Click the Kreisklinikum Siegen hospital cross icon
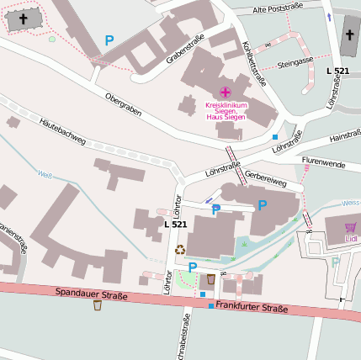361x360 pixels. [225, 92]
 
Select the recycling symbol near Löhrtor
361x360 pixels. [179, 249]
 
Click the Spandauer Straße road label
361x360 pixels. [91, 294]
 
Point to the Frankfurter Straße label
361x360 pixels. [252, 308]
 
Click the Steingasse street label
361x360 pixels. [295, 61]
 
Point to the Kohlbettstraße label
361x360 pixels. [253, 64]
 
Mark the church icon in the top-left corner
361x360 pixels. [23, 18]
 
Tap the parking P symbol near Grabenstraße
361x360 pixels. [109, 40]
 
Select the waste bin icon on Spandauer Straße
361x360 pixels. [98, 305]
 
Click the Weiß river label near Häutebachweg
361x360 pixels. [45, 174]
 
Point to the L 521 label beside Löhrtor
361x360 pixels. [176, 225]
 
